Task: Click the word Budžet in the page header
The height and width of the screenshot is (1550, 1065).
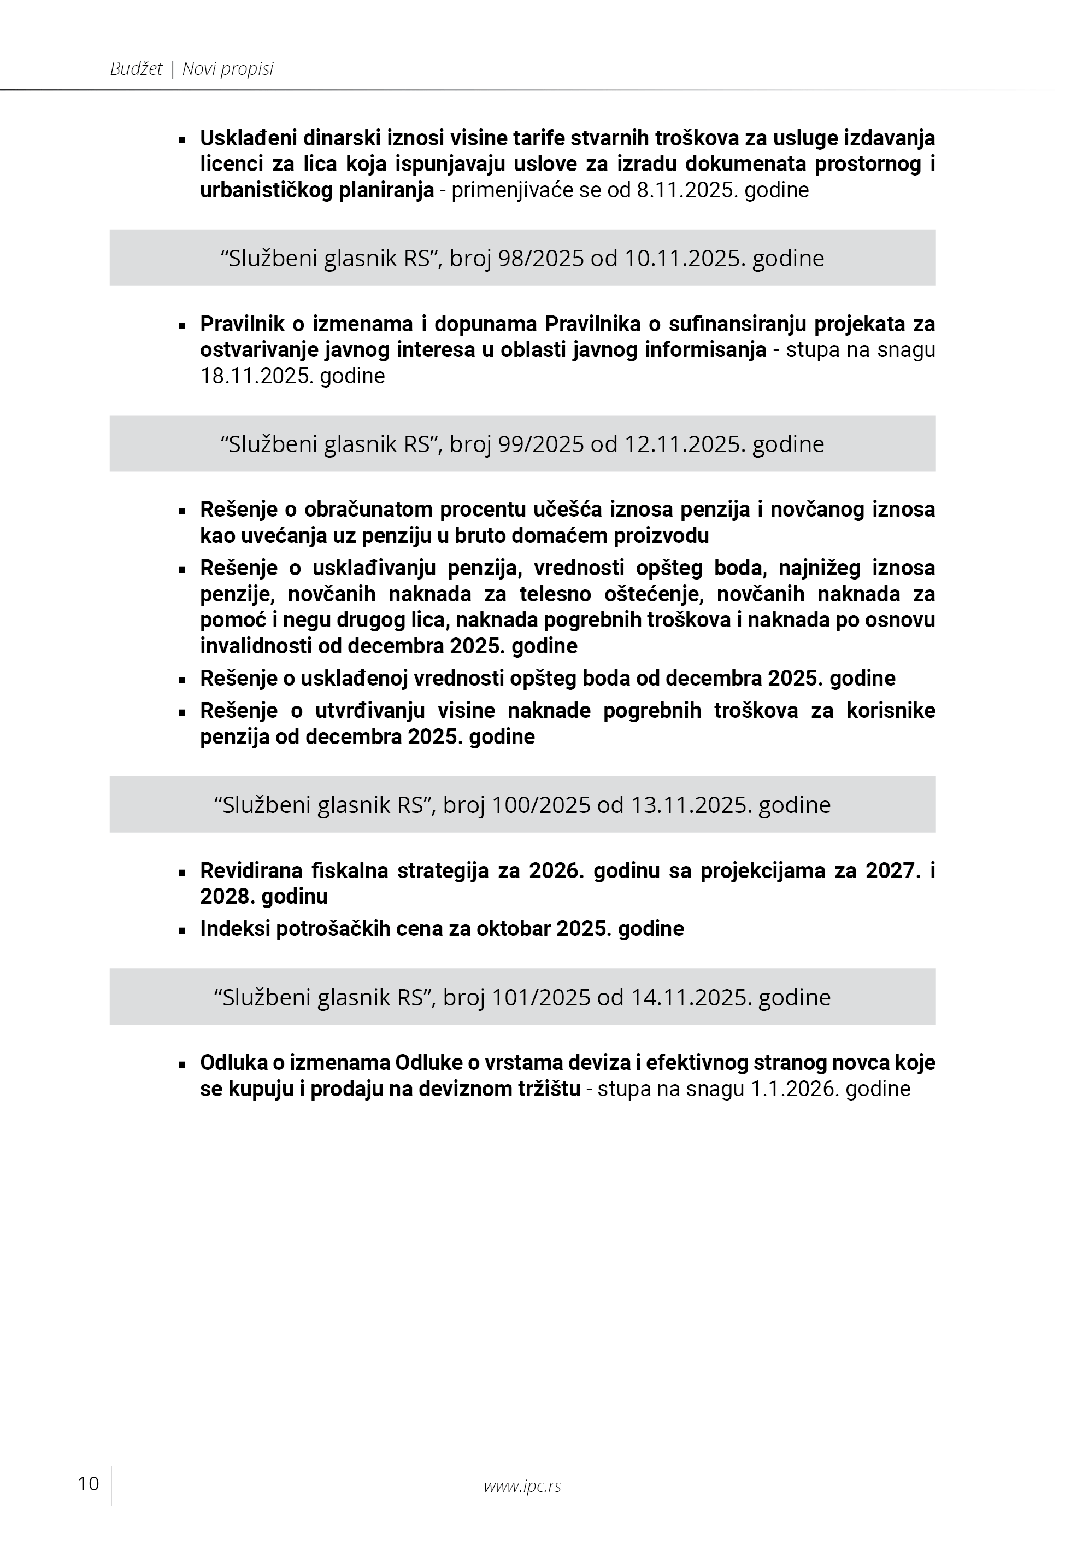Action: click(x=136, y=69)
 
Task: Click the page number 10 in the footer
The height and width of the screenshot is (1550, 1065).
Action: click(x=88, y=1484)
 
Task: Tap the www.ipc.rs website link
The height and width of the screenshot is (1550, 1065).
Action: click(x=522, y=1486)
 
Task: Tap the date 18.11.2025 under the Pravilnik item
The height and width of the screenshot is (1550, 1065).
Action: click(x=256, y=376)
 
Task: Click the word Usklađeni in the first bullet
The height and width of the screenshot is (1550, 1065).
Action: click(x=248, y=138)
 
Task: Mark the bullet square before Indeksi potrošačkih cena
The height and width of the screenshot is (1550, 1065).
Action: click(x=181, y=931)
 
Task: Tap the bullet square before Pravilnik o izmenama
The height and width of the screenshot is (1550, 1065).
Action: click(x=181, y=326)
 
